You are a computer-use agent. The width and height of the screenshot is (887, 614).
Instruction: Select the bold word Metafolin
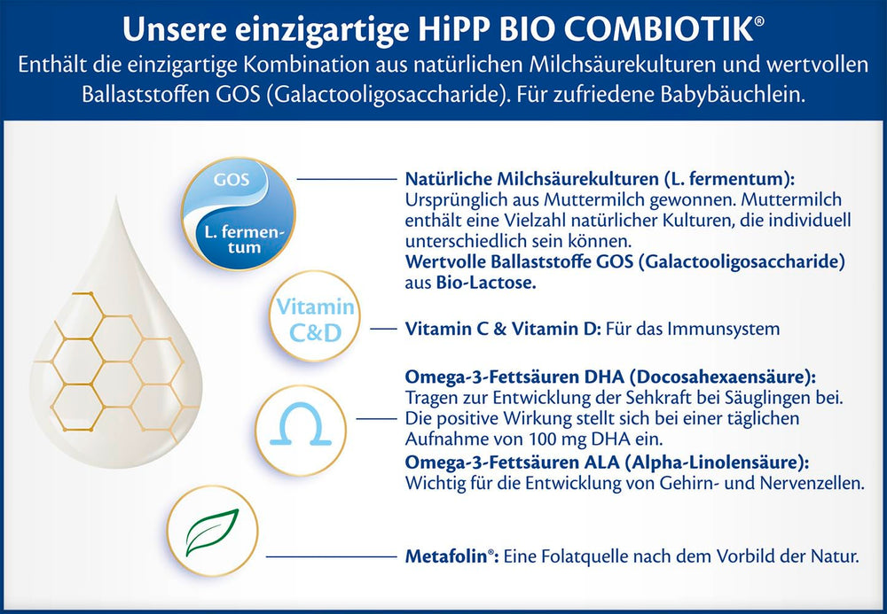448,557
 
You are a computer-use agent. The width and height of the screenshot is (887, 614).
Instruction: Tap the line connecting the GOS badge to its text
346,179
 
